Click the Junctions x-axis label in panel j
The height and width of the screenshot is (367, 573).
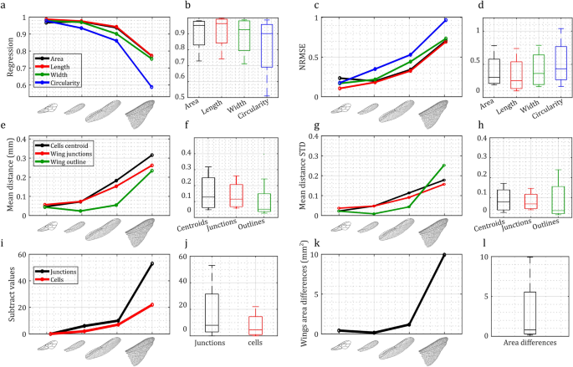pos(211,341)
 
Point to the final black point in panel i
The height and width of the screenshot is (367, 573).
pos(151,263)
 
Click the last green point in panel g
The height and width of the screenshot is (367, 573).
pos(443,166)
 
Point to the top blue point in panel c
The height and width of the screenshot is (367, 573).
pos(445,19)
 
